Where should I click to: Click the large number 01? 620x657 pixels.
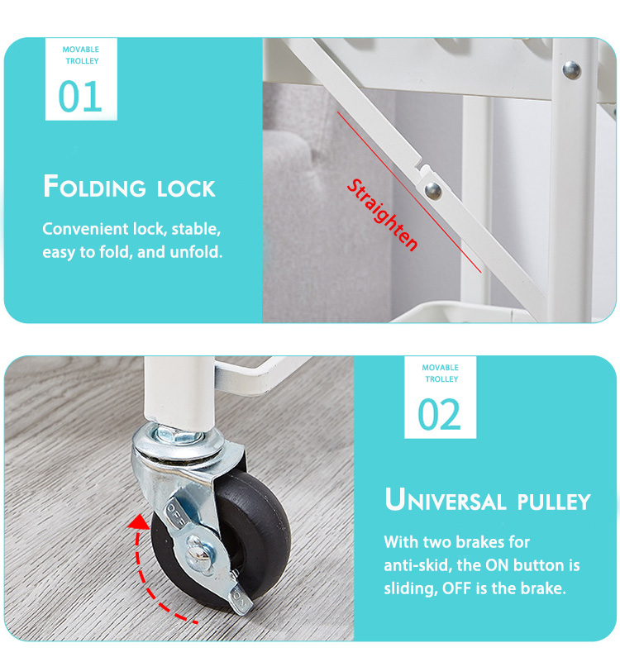pyautogui.click(x=80, y=97)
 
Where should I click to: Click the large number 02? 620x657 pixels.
pyautogui.click(x=439, y=414)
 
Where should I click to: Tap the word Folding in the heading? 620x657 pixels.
pyautogui.click(x=94, y=187)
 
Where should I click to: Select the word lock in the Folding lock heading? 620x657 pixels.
pyautogui.click(x=186, y=189)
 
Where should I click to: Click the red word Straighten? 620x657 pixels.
pyautogui.click(x=382, y=215)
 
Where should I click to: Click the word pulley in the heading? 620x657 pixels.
pyautogui.click(x=554, y=502)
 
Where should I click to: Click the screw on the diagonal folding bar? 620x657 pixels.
pyautogui.click(x=433, y=191)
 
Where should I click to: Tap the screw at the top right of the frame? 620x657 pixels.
pyautogui.click(x=571, y=70)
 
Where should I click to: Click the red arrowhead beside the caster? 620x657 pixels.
pyautogui.click(x=138, y=522)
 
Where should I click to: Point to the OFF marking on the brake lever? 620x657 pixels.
pyautogui.click(x=174, y=515)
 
